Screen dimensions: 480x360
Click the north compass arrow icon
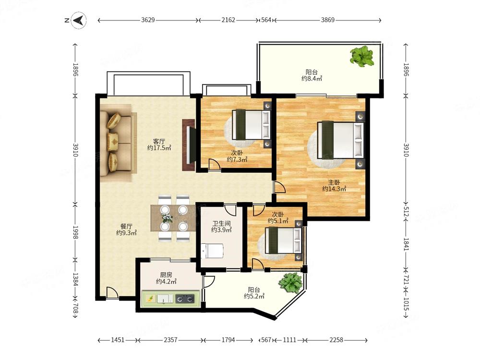coord(79,20)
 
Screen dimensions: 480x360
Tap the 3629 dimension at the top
coord(148,20)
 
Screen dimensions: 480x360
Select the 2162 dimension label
coord(228,20)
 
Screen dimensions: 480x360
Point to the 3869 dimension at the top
coord(327,20)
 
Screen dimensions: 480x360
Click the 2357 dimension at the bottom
coord(170,340)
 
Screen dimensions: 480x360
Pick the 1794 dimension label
coord(228,340)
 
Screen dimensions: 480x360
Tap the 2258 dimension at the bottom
coord(336,340)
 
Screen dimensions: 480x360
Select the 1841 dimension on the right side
coord(406,244)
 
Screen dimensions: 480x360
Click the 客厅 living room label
coord(159,142)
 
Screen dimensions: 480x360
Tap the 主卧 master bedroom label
coord(334,183)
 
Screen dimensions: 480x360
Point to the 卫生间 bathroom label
coord(221,224)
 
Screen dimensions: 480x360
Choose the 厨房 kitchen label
coord(166,275)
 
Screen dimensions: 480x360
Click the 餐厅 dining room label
coord(126,227)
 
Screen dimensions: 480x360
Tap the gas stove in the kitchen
coord(185,299)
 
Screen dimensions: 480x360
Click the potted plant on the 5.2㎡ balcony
coord(290,283)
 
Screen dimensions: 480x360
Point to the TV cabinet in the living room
coord(189,145)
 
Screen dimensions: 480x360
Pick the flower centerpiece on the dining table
coord(167,217)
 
